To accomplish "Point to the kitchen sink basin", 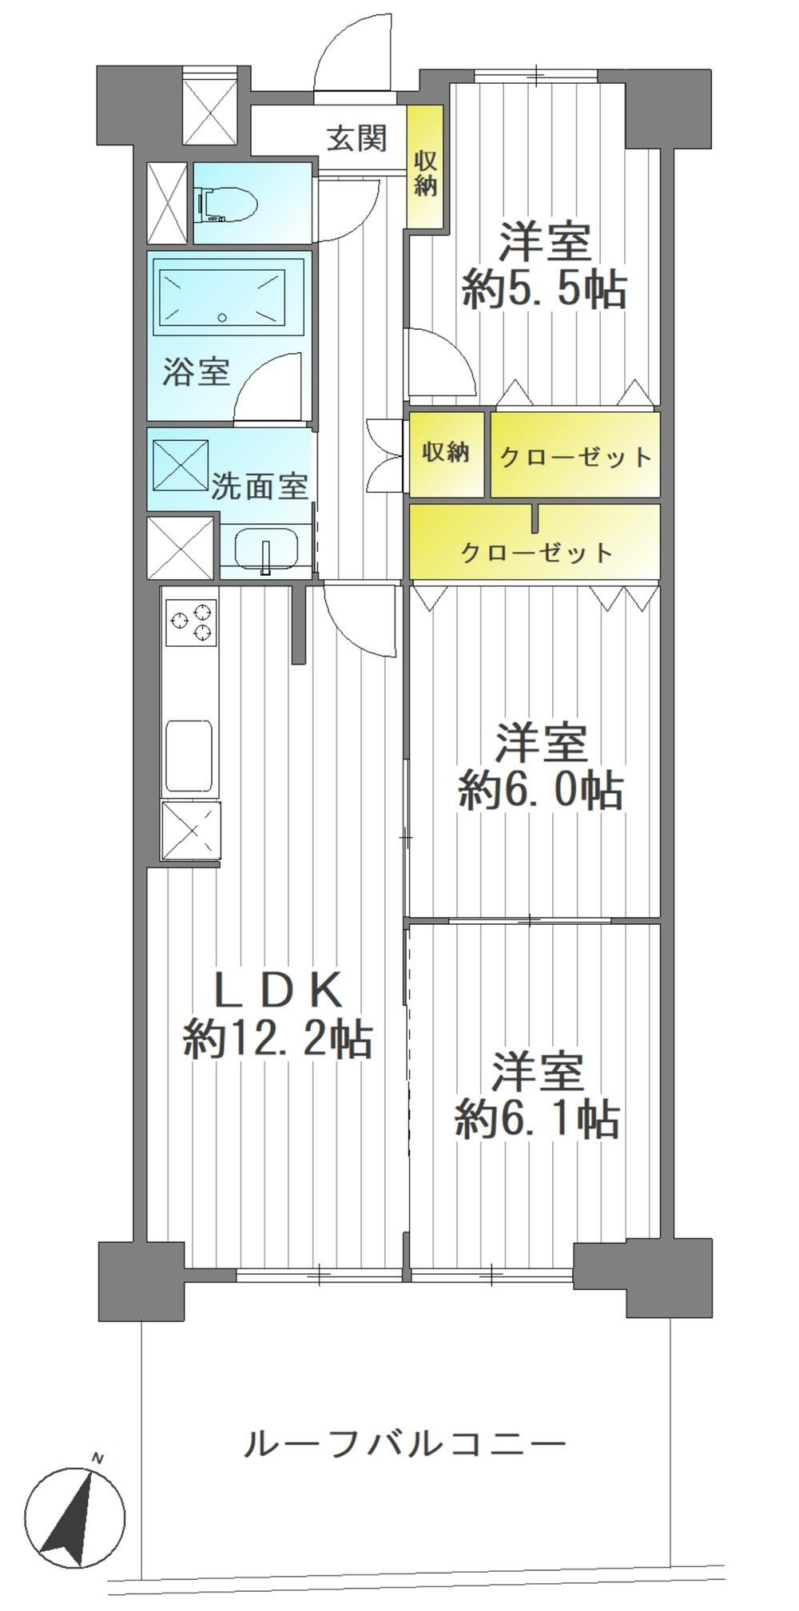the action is click(189, 755).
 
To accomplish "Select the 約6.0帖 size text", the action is click(540, 791).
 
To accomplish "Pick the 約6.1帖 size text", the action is click(537, 1119).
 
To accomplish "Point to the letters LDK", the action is click(277, 991).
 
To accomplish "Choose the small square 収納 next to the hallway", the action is click(446, 453).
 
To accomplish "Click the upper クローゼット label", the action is click(575, 457).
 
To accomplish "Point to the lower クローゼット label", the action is click(537, 552).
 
